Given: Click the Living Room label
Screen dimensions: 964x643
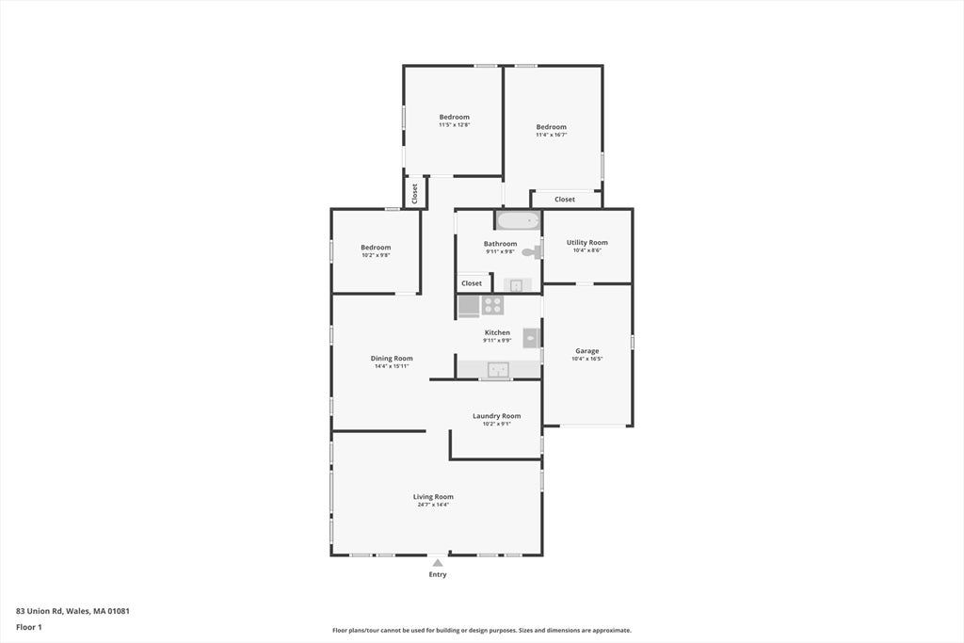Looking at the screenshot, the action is [433, 497].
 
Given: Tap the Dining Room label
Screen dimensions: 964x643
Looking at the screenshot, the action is [392, 359].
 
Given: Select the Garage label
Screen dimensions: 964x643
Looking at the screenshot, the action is [587, 351].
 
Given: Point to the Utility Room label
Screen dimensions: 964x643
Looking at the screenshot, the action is [587, 242].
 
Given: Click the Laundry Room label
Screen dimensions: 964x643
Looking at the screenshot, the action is [497, 416].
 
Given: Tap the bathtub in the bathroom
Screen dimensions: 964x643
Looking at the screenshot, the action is [519, 220].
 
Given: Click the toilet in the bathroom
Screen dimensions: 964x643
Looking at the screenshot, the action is [532, 250].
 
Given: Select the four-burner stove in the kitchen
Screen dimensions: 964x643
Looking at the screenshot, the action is [492, 305].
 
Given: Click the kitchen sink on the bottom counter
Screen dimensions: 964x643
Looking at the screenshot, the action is [498, 369].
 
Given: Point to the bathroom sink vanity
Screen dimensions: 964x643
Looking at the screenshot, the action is [517, 285].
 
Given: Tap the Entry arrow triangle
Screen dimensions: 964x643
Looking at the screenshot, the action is [437, 562].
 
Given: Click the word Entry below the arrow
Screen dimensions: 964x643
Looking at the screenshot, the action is [438, 575].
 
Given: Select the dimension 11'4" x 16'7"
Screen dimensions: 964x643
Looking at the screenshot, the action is [552, 135].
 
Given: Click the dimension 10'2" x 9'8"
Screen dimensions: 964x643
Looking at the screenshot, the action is [376, 255].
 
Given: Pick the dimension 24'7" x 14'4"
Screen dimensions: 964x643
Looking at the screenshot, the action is [433, 505].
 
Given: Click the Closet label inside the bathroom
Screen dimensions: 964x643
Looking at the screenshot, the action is [472, 283].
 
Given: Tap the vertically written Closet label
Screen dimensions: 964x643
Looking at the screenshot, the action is [415, 194].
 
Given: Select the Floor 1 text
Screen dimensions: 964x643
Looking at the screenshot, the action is [29, 627].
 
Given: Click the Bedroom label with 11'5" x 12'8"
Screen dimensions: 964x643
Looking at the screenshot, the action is [455, 117].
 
